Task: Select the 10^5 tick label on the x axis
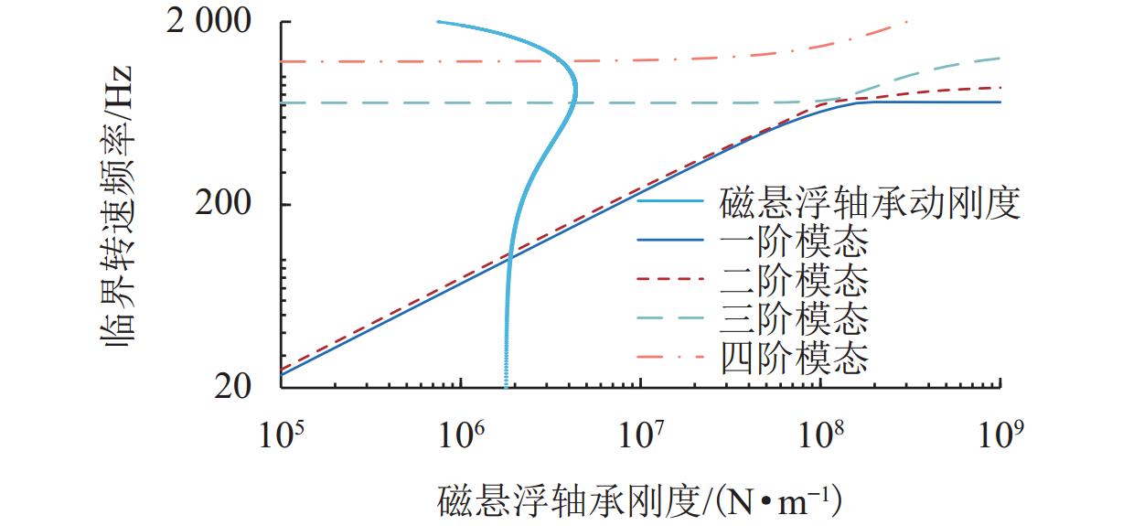point(281,435)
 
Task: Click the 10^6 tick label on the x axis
point(461,435)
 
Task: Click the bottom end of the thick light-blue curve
point(506,385)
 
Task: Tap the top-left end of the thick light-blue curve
point(438,21)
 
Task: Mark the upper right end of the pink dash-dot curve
point(906,22)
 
